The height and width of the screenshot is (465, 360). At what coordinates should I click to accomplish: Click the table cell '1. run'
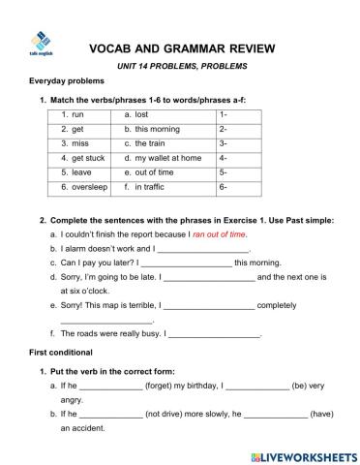click(71, 114)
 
